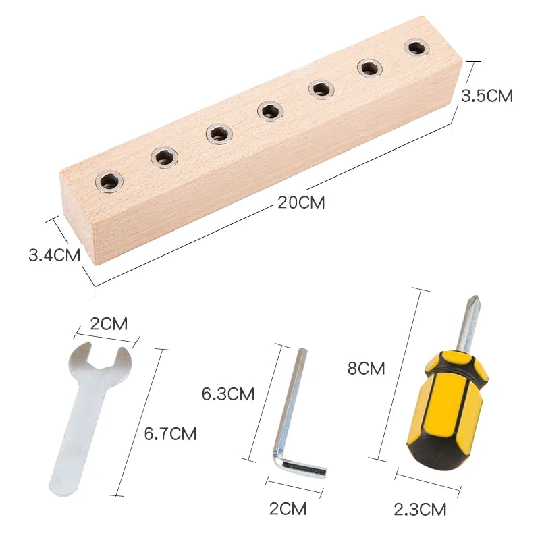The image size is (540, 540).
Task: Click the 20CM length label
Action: pyautogui.click(x=301, y=202)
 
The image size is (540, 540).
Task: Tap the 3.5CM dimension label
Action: pyautogui.click(x=487, y=96)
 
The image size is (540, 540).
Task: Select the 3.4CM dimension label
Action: pyautogui.click(x=55, y=255)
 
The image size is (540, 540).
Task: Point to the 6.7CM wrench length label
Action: pyautogui.click(x=170, y=433)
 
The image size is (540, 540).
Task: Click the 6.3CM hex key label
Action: pyautogui.click(x=228, y=394)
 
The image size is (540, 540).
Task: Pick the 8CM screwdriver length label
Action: pyautogui.click(x=366, y=368)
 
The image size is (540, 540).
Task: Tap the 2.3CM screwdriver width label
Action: pyautogui.click(x=420, y=510)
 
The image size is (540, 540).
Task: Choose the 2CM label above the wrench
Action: pyautogui.click(x=109, y=324)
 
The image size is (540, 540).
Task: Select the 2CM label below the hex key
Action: pyautogui.click(x=288, y=509)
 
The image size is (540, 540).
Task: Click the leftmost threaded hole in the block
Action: pyautogui.click(x=109, y=181)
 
